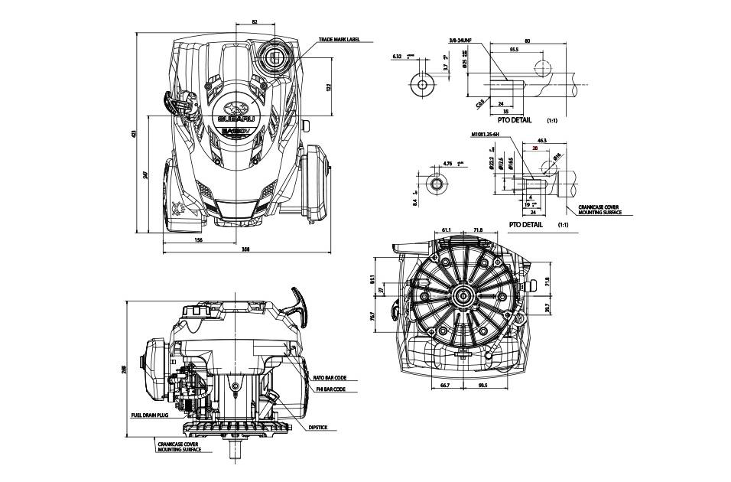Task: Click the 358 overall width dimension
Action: coord(245,249)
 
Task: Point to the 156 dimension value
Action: coord(198,240)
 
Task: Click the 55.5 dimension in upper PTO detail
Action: coord(514,50)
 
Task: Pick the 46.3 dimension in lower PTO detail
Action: coord(542,142)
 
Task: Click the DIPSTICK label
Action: coord(318,428)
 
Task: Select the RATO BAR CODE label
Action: coord(330,377)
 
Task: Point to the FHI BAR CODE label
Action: coord(331,389)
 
